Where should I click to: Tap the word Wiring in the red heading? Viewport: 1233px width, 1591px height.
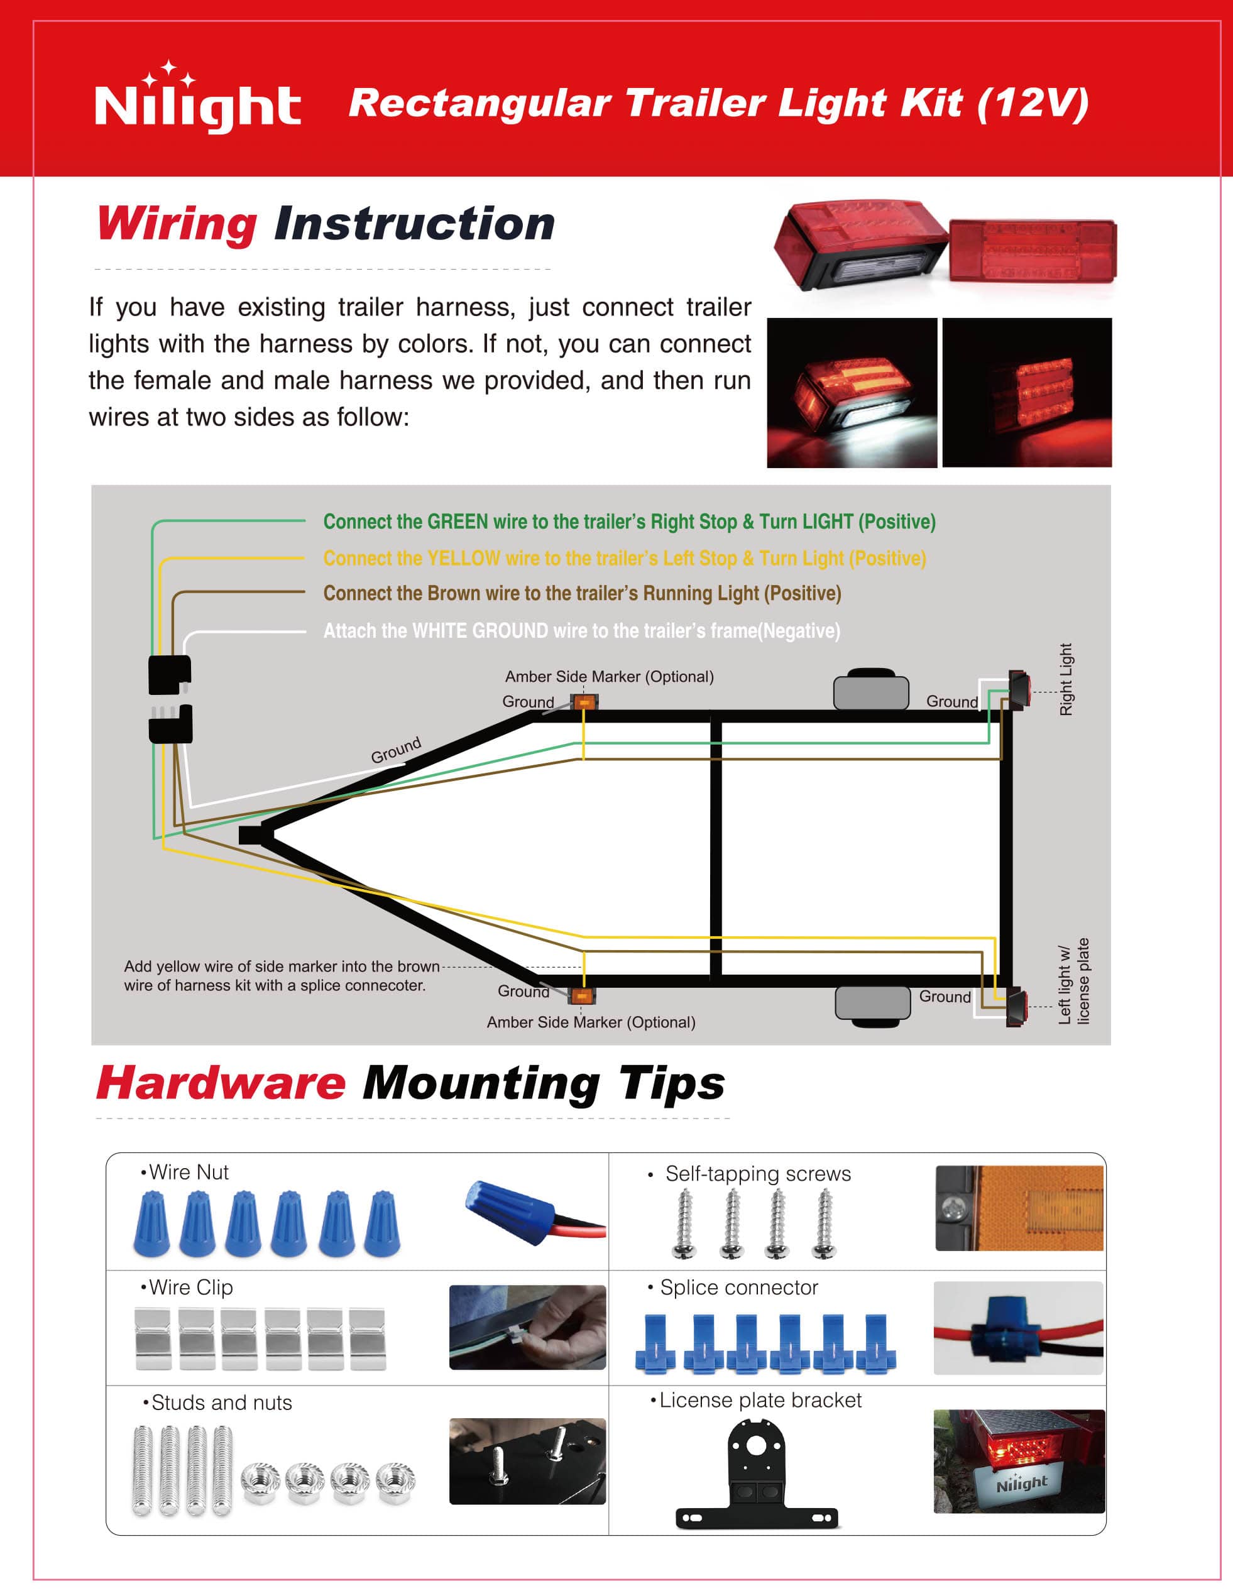point(177,224)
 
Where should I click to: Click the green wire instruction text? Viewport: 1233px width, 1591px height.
point(629,522)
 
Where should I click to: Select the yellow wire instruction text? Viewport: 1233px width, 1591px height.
point(625,558)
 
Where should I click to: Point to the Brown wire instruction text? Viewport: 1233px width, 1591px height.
point(581,594)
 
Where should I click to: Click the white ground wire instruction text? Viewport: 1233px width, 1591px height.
point(581,631)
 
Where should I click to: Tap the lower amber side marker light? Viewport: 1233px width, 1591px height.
point(581,997)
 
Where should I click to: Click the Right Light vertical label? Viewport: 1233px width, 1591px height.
point(1066,679)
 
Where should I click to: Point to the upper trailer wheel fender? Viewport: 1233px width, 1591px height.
point(871,689)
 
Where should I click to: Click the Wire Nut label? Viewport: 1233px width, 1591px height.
point(187,1172)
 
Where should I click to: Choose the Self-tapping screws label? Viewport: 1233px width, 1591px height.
point(757,1174)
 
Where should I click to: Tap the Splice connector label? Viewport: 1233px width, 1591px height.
point(738,1288)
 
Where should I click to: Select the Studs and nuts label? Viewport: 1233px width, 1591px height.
point(221,1402)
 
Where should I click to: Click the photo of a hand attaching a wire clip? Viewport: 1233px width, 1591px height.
point(528,1327)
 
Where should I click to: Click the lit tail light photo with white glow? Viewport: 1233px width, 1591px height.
point(852,393)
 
